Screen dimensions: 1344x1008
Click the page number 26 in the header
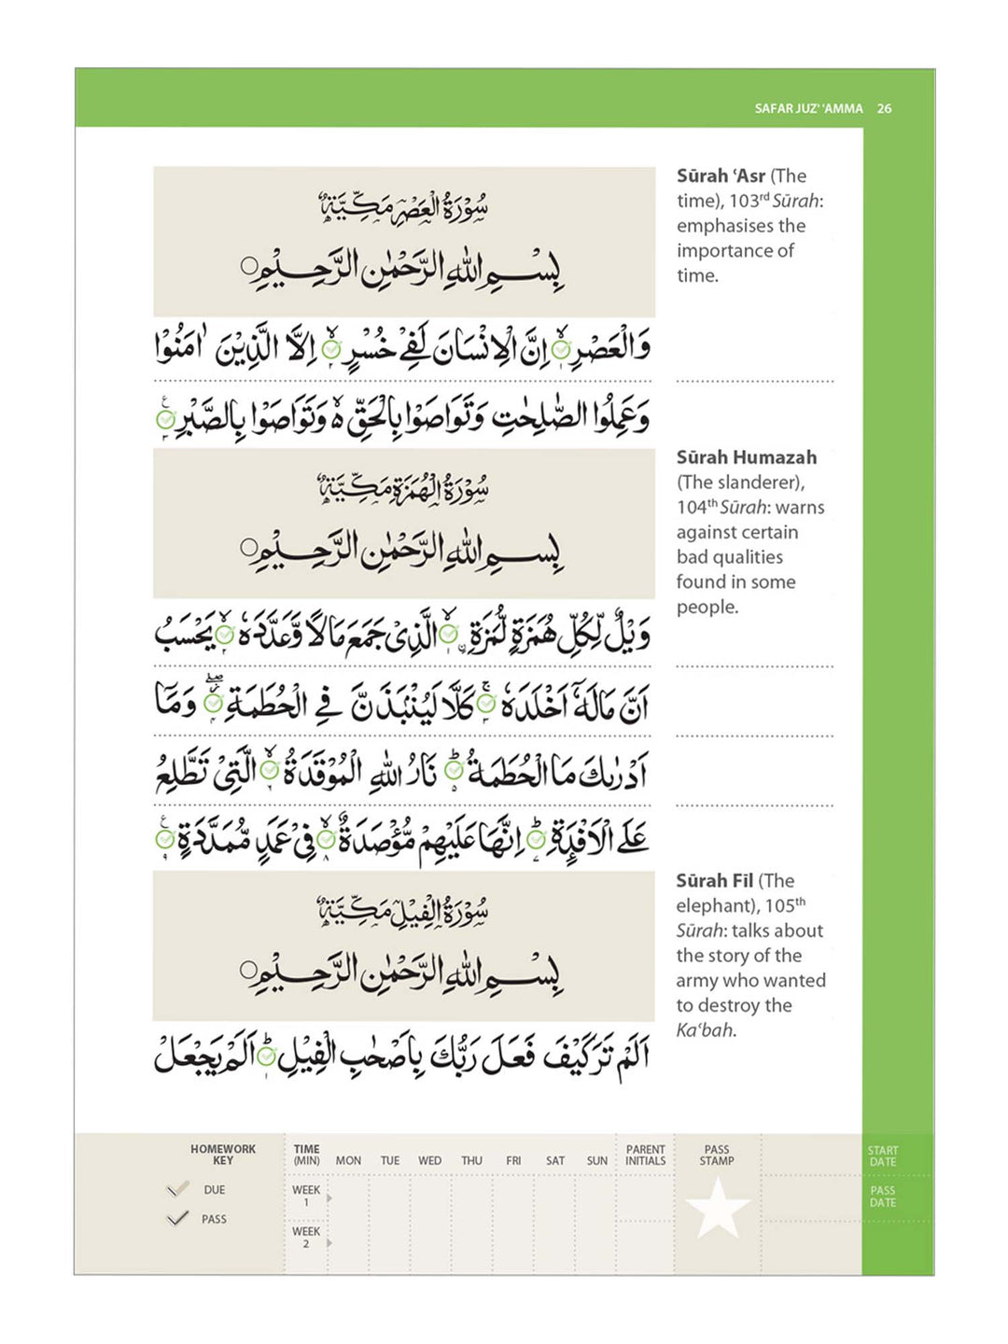(x=884, y=108)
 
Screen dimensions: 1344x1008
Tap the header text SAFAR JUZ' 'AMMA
(x=808, y=108)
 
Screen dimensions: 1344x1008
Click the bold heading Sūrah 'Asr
(x=721, y=175)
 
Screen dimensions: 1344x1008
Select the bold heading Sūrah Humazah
(x=746, y=457)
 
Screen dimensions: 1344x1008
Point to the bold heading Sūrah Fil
(x=715, y=880)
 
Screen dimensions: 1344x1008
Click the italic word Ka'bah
(x=705, y=1030)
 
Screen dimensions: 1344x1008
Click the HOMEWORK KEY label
(x=223, y=1155)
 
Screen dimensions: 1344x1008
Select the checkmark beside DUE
(x=177, y=1189)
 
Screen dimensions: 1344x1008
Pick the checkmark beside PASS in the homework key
(x=177, y=1218)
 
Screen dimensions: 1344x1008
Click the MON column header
(x=348, y=1161)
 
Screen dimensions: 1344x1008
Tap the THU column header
(x=471, y=1161)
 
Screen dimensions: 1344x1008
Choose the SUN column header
(x=597, y=1161)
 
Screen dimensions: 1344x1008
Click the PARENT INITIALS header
(x=646, y=1155)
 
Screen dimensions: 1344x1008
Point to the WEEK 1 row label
(x=306, y=1196)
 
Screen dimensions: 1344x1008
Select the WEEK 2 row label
(x=306, y=1237)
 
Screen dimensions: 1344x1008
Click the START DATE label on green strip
(x=882, y=1156)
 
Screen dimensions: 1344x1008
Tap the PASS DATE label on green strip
(x=882, y=1197)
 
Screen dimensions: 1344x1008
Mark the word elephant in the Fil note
(x=713, y=905)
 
